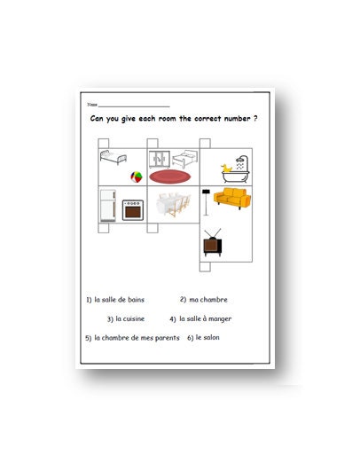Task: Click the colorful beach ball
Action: [x=136, y=177]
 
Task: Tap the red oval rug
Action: [x=167, y=177]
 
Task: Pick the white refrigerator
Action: [x=106, y=204]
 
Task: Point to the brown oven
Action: [x=132, y=208]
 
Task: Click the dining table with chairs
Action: [x=168, y=205]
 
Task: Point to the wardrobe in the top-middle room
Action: [x=160, y=158]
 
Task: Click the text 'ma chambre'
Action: [x=208, y=300]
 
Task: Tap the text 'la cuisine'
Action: [x=130, y=319]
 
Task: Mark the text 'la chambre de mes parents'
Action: [x=136, y=338]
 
